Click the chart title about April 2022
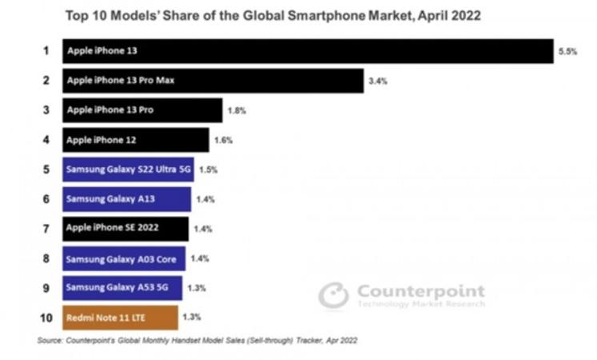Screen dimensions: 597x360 tap(273, 16)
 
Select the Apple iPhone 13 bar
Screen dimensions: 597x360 tap(308, 51)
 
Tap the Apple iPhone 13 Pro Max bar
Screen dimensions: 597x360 tap(213, 81)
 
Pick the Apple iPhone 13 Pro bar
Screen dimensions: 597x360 tap(142, 110)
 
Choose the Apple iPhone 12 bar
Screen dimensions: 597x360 tap(136, 140)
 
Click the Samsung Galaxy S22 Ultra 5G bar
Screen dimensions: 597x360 tap(128, 170)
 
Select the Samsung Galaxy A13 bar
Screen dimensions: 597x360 tap(126, 199)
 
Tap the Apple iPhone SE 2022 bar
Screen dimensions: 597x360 tap(126, 229)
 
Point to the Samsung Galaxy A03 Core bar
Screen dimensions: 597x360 tap(124, 258)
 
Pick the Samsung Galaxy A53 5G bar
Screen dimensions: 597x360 tap(122, 288)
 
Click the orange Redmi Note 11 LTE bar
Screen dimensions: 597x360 tap(120, 318)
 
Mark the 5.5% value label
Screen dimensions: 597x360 tap(567, 51)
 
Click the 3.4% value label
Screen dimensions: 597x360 tap(378, 81)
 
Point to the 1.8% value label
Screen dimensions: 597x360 tap(237, 110)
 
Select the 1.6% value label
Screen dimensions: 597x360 tap(223, 141)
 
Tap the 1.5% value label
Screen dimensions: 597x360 tap(208, 170)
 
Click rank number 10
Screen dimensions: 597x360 tap(46, 318)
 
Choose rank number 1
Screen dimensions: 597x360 tap(46, 50)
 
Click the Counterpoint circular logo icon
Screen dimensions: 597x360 tap(334, 295)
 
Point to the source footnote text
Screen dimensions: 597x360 tap(197, 340)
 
